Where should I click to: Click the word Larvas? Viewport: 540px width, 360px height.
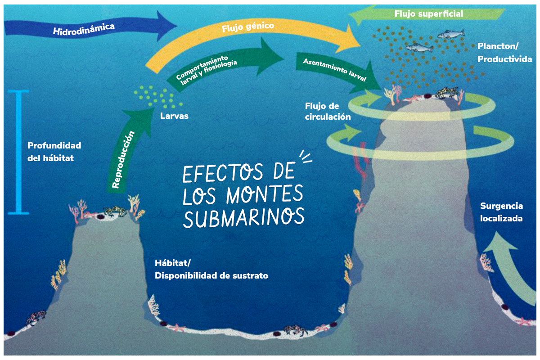point(174,116)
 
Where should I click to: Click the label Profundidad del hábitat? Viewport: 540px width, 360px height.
point(54,152)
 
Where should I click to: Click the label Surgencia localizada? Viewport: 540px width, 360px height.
point(501,212)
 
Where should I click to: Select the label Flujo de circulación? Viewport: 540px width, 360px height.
point(327,111)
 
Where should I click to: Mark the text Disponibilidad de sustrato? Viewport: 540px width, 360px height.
point(211,275)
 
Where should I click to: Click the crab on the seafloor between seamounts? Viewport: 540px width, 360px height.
point(295,329)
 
